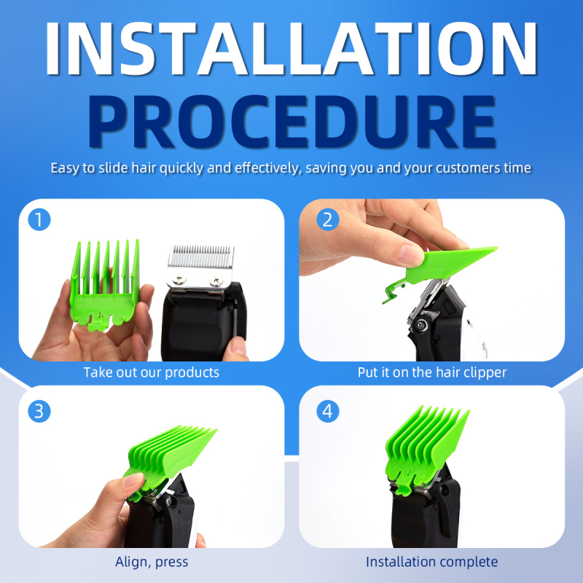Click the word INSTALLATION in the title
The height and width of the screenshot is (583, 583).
pos(291,48)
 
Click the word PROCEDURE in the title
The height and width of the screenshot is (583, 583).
pos(291,121)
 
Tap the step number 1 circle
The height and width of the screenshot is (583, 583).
pos(39,219)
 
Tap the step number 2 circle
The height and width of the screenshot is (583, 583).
pos(327,219)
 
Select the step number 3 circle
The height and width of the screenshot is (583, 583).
pos(39,411)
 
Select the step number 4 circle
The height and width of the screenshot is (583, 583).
pos(327,411)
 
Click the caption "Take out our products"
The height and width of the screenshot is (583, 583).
pos(152,372)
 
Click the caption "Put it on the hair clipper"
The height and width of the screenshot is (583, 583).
pos(432,372)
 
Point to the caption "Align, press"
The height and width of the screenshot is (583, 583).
pos(152,561)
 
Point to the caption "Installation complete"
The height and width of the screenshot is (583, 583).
pos(431,561)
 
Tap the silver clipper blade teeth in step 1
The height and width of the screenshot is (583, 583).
pos(201,254)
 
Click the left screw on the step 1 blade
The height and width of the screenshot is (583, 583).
pos(180,279)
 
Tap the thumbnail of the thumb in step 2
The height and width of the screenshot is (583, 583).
pos(410,255)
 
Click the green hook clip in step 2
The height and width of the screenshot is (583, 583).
pos(394,289)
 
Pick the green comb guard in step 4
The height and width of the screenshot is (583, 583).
pos(425,450)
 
